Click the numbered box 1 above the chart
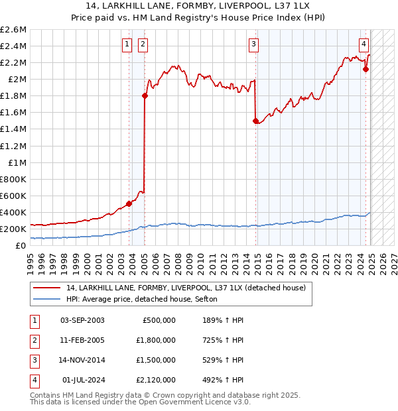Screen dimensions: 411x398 127,44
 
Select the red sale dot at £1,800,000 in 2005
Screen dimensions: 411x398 145,95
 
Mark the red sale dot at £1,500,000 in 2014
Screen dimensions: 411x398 255,121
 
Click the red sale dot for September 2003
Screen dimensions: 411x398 129,204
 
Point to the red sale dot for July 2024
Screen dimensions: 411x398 365,69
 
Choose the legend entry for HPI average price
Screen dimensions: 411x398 146,300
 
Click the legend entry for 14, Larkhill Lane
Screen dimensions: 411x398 186,288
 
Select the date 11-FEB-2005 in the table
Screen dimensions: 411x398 82,340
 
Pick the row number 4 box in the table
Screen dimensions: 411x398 33,380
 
